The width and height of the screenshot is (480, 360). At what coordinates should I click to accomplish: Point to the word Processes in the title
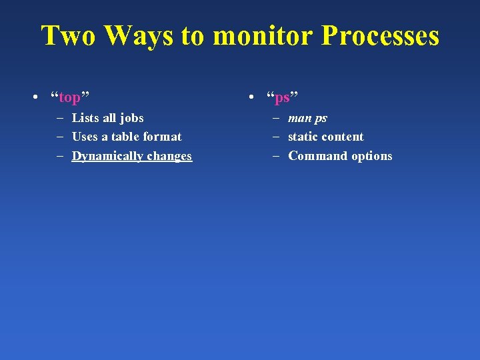coord(380,35)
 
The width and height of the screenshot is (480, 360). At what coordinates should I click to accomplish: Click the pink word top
coord(69,98)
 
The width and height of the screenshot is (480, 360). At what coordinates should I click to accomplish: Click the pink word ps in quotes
coord(282,98)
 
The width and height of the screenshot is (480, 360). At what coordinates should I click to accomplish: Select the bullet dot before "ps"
coord(249,99)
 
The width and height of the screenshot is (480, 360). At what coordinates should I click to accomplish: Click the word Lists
coord(85,118)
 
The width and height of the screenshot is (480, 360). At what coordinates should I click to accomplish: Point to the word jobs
coord(131,118)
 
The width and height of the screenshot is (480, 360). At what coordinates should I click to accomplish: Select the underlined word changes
coord(169,156)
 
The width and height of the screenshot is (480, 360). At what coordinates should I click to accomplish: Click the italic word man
coord(299,119)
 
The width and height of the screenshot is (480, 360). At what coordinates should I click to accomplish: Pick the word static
coord(303,137)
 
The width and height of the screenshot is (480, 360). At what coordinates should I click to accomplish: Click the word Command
coord(315,156)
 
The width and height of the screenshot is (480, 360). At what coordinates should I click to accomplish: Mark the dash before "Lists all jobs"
coord(60,118)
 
